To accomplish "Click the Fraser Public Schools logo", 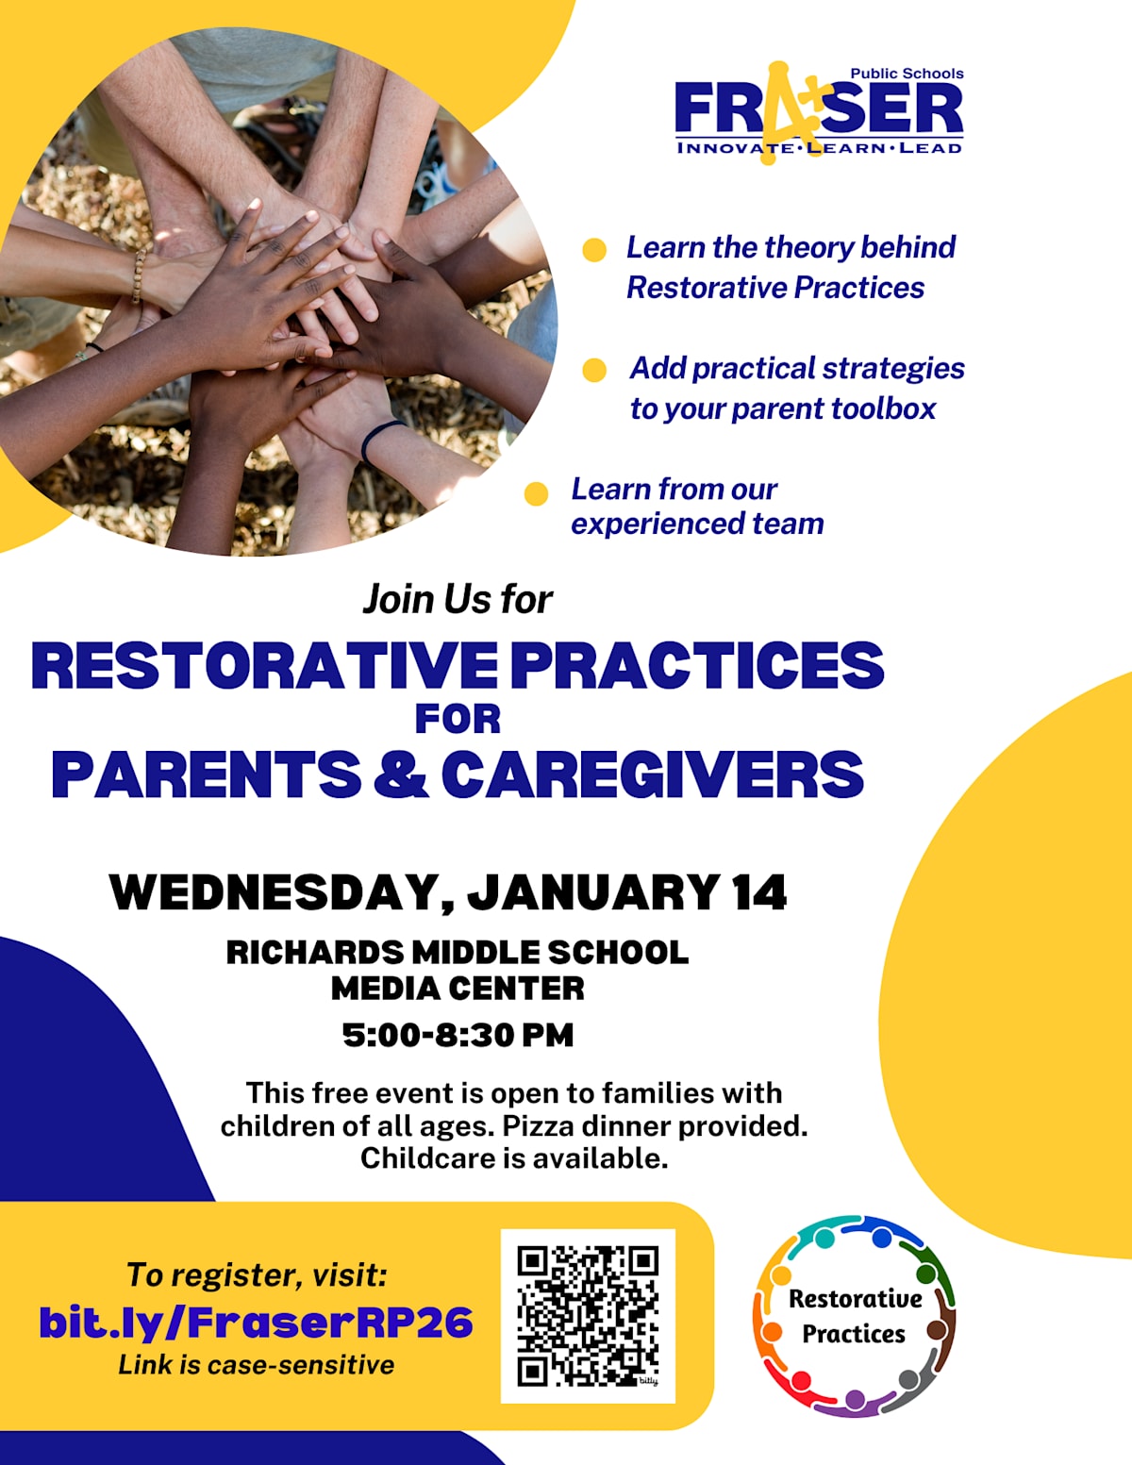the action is tap(819, 112).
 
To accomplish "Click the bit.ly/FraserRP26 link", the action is tap(257, 1322).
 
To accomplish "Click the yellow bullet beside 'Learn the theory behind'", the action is tap(594, 249).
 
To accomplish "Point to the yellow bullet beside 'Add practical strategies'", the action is tap(594, 370).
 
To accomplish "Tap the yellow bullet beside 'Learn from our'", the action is tap(536, 493).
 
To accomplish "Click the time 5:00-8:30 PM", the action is tap(458, 1034).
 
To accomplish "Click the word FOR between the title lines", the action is tap(458, 719).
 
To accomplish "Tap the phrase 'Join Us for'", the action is tap(458, 599).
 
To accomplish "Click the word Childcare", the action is tap(426, 1158).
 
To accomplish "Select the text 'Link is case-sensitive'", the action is tap(257, 1365).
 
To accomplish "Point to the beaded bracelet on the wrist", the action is tap(139, 275).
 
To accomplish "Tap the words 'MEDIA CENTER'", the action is tap(458, 989).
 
